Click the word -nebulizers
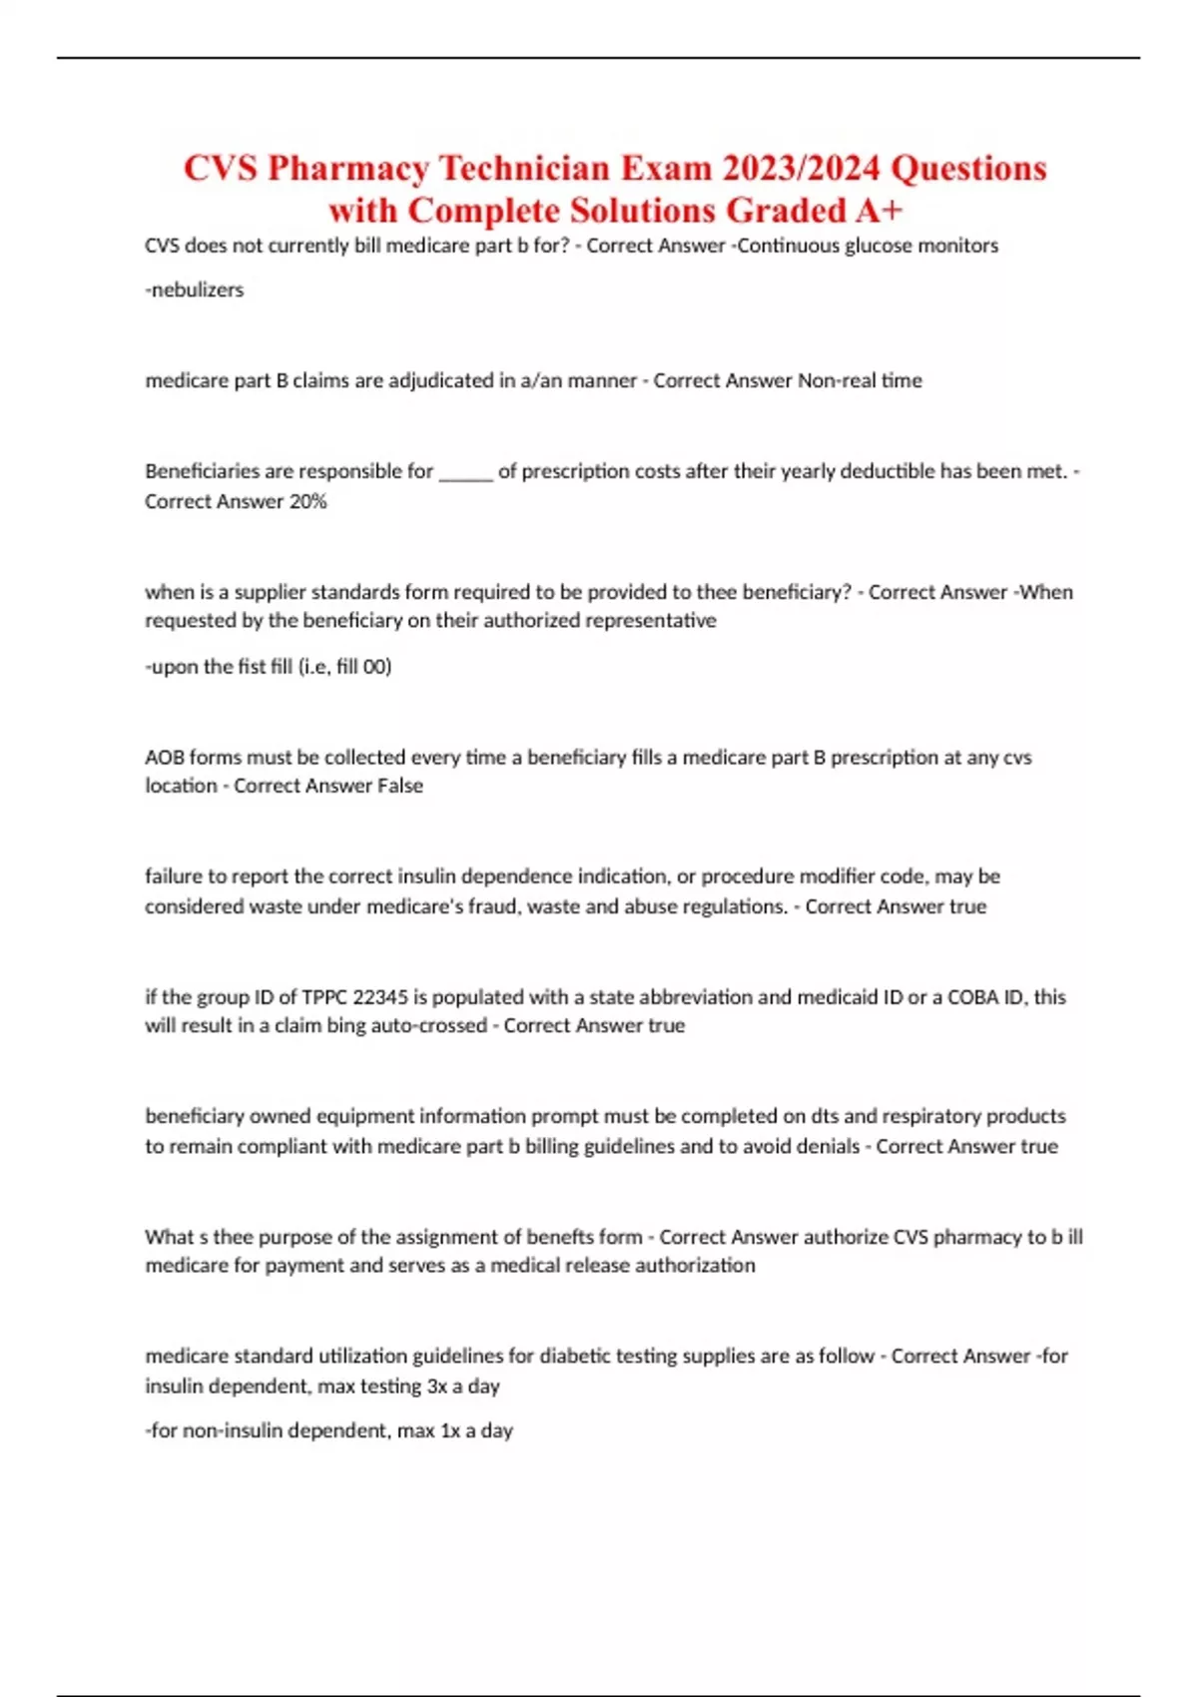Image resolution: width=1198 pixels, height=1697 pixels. tap(195, 290)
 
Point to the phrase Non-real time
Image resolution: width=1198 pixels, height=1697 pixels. tap(860, 380)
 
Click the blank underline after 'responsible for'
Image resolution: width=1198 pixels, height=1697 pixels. tap(465, 472)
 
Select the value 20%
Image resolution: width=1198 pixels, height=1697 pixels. tap(307, 502)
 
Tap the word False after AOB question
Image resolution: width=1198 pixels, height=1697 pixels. tap(399, 787)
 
